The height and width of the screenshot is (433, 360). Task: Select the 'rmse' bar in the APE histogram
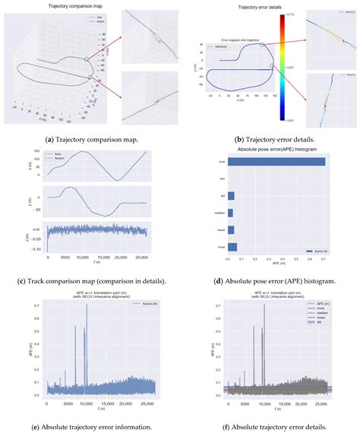pyautogui.click(x=232, y=247)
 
